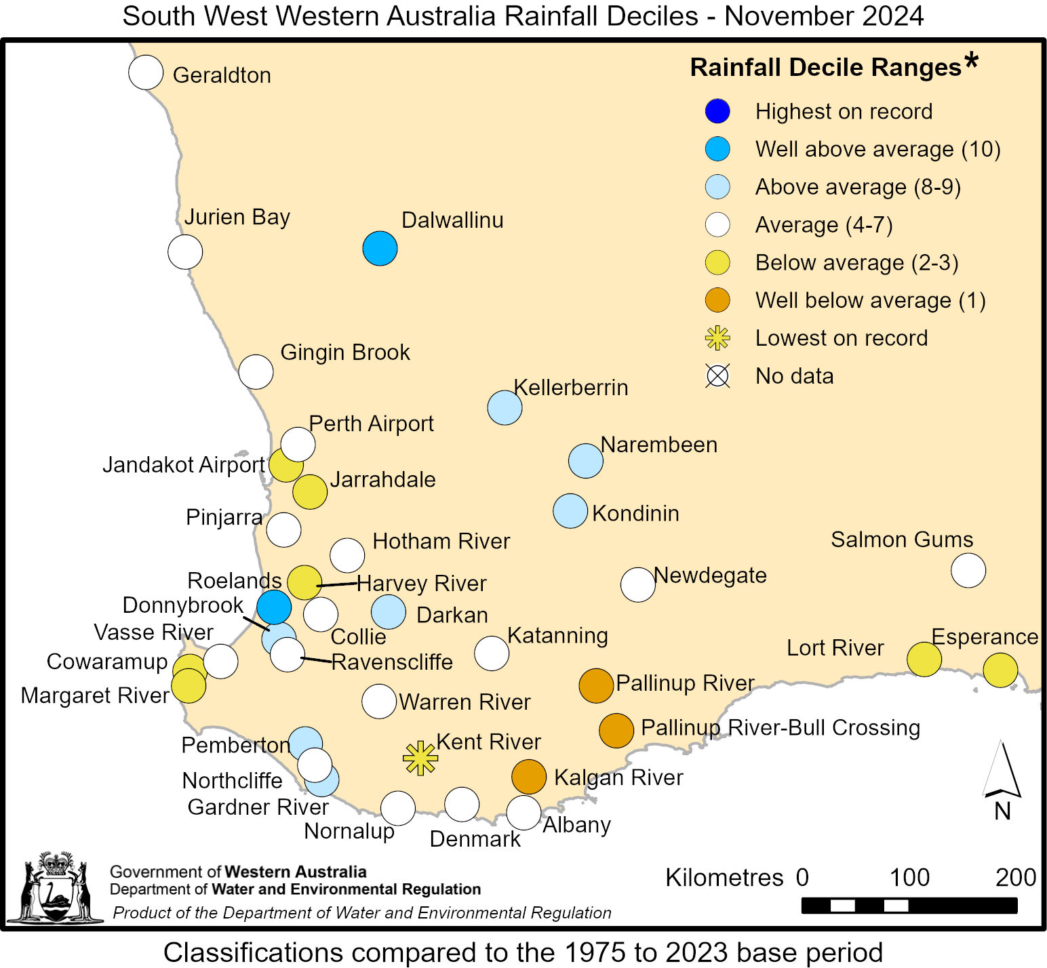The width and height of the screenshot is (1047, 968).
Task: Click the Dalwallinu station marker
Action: pyautogui.click(x=380, y=249)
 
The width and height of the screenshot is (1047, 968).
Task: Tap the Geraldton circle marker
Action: pyautogui.click(x=146, y=73)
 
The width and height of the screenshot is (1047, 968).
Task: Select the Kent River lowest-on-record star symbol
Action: pyautogui.click(x=420, y=758)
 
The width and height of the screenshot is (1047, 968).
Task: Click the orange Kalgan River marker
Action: pyautogui.click(x=529, y=777)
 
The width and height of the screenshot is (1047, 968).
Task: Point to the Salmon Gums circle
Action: pyautogui.click(x=968, y=570)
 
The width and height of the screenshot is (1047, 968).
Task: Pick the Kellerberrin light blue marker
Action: pyautogui.click(x=505, y=407)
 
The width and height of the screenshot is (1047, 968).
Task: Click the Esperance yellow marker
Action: pyautogui.click(x=1000, y=670)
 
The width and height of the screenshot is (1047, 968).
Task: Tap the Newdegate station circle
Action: pyautogui.click(x=638, y=584)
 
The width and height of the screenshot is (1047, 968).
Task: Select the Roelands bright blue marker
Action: pyautogui.click(x=274, y=607)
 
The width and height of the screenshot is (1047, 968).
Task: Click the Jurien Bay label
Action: pyautogui.click(x=237, y=217)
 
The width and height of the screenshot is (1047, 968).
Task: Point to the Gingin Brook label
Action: pyautogui.click(x=345, y=352)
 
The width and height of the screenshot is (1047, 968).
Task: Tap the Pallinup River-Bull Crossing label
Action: pyautogui.click(x=781, y=727)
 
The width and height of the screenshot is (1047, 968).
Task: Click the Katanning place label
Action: pyautogui.click(x=557, y=636)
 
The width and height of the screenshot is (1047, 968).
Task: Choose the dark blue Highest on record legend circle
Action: pyautogui.click(x=717, y=111)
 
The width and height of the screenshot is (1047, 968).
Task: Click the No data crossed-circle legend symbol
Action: pyautogui.click(x=717, y=376)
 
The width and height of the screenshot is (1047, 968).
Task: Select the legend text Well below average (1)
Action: pyautogui.click(x=870, y=300)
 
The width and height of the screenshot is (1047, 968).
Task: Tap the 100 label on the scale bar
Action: pyautogui.click(x=909, y=877)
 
